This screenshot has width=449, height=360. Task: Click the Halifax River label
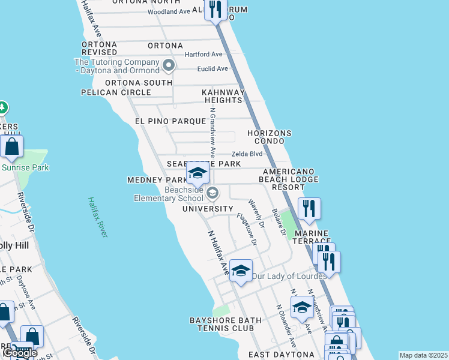pyautogui.click(x=96, y=217)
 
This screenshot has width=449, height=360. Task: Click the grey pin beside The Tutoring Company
pyautogui.click(x=169, y=65)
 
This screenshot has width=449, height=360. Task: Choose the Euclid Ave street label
pyautogui.click(x=212, y=69)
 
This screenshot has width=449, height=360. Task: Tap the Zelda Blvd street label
pyautogui.click(x=247, y=154)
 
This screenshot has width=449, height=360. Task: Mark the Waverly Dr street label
pyautogui.click(x=256, y=214)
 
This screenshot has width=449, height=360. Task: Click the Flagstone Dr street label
pyautogui.click(x=246, y=230)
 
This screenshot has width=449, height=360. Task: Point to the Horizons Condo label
pyautogui.click(x=270, y=137)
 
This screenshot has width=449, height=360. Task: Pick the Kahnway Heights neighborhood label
pyautogui.click(x=223, y=96)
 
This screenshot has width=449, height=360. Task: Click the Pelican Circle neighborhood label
pyautogui.click(x=116, y=92)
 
